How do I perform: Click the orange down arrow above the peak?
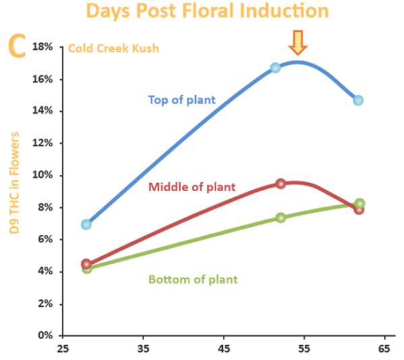tap(297, 43)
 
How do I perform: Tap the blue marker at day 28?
tap(86, 224)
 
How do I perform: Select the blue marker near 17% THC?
tap(275, 68)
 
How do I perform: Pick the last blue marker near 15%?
tap(358, 100)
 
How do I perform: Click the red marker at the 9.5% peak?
tap(280, 183)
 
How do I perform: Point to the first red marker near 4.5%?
tap(86, 264)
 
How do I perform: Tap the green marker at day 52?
tap(281, 217)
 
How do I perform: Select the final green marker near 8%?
tap(360, 203)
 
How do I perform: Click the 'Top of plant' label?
tap(182, 100)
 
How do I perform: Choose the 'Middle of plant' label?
tap(192, 187)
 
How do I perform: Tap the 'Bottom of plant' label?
tap(192, 279)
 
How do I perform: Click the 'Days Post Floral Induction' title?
tap(207, 11)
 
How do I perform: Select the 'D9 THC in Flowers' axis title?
tap(14, 182)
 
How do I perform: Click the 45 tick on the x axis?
tap(224, 349)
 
